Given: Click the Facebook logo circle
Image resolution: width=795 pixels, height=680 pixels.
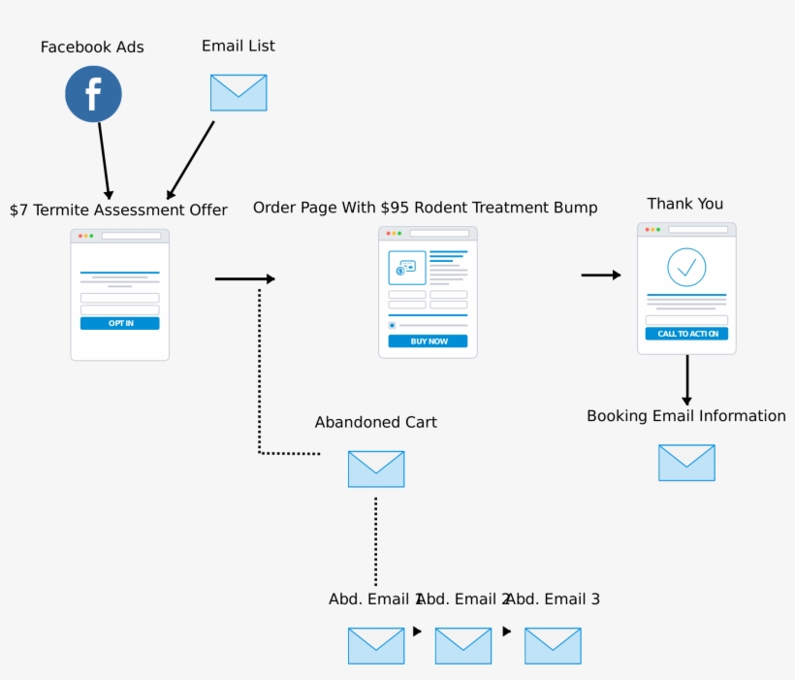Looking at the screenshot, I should [x=93, y=94].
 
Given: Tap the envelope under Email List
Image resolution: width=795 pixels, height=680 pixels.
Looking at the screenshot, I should [x=238, y=93].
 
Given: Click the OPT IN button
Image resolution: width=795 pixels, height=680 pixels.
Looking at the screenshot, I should [x=119, y=323].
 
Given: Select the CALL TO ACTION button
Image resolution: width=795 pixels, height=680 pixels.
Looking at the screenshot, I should [x=686, y=334].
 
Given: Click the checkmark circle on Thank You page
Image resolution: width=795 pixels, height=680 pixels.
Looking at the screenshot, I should [x=686, y=267].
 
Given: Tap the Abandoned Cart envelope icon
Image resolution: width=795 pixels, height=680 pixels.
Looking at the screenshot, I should [x=376, y=469].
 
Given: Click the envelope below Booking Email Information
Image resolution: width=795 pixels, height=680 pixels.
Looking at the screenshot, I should [x=686, y=463].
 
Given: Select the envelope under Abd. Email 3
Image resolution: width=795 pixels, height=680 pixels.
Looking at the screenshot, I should [x=553, y=646].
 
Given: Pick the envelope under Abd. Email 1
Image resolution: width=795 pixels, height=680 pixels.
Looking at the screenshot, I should [x=376, y=646].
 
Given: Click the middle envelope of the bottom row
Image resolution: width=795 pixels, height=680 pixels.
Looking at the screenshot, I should [x=463, y=646].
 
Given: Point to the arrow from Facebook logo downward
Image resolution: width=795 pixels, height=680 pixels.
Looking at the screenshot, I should [x=104, y=160].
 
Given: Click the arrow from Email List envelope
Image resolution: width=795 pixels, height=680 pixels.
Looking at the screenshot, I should [x=191, y=160].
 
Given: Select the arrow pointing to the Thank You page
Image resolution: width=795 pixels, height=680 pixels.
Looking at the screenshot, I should [x=601, y=275].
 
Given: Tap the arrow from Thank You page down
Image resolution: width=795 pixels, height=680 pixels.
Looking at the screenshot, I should [x=686, y=379].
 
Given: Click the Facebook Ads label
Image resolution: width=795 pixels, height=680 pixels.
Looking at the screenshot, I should [x=92, y=48].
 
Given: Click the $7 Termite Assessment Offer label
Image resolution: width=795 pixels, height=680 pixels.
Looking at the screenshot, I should [x=118, y=210].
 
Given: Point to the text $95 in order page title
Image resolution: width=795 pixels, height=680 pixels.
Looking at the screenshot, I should [x=396, y=208].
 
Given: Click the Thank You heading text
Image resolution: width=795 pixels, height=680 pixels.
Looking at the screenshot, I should [x=685, y=204].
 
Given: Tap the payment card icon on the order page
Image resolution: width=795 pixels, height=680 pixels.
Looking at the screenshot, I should [x=407, y=267].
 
